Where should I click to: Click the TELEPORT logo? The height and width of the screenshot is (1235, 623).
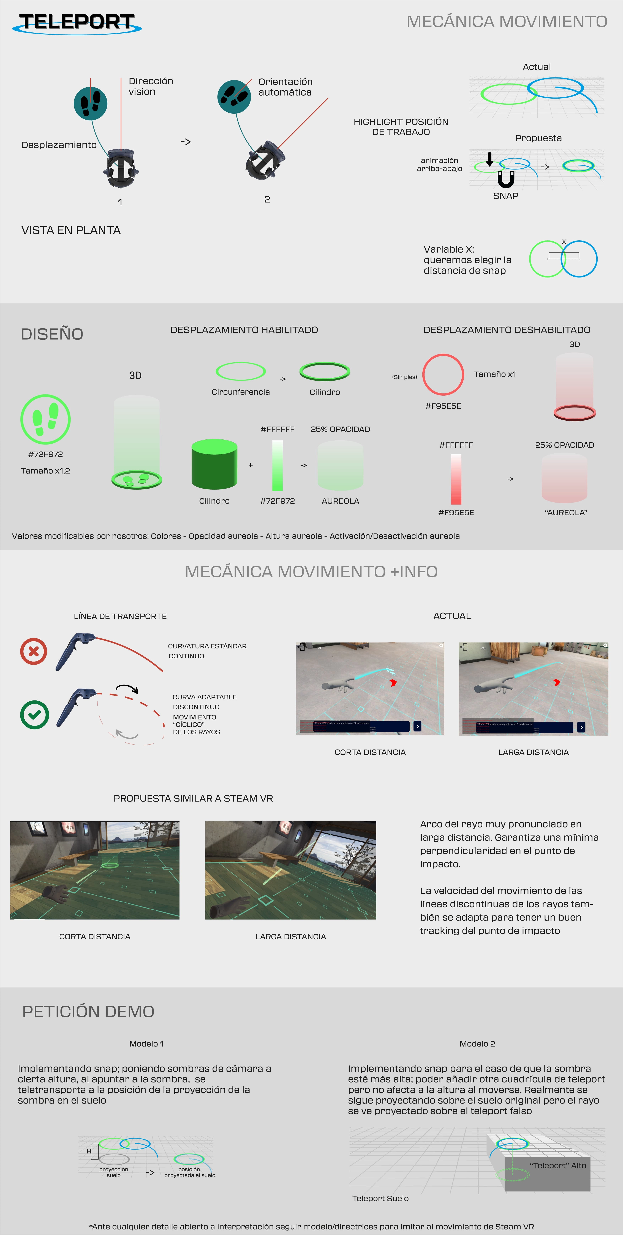[x=77, y=23]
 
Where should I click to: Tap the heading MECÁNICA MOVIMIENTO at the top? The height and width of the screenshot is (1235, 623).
[x=507, y=21]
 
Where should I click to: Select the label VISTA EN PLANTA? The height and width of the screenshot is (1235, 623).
[x=71, y=230]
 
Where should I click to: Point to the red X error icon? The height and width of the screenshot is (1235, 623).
[x=34, y=651]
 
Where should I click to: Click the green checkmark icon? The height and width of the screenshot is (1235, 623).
[x=34, y=715]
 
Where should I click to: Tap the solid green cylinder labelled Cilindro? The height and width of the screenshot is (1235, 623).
[x=214, y=464]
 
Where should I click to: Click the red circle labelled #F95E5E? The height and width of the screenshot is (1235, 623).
[x=443, y=374]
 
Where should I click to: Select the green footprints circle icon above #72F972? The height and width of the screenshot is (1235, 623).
[x=45, y=419]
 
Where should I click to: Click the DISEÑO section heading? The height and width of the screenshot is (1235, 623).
[x=52, y=334]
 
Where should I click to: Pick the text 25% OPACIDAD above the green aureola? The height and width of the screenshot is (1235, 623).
[x=340, y=429]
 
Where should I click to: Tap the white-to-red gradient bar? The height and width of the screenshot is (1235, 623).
[x=456, y=479]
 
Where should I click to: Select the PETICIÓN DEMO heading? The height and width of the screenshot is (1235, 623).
[x=88, y=1012]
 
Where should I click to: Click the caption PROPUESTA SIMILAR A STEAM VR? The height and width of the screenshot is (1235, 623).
[x=193, y=798]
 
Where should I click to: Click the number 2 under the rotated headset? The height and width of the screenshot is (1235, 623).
[x=267, y=199]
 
